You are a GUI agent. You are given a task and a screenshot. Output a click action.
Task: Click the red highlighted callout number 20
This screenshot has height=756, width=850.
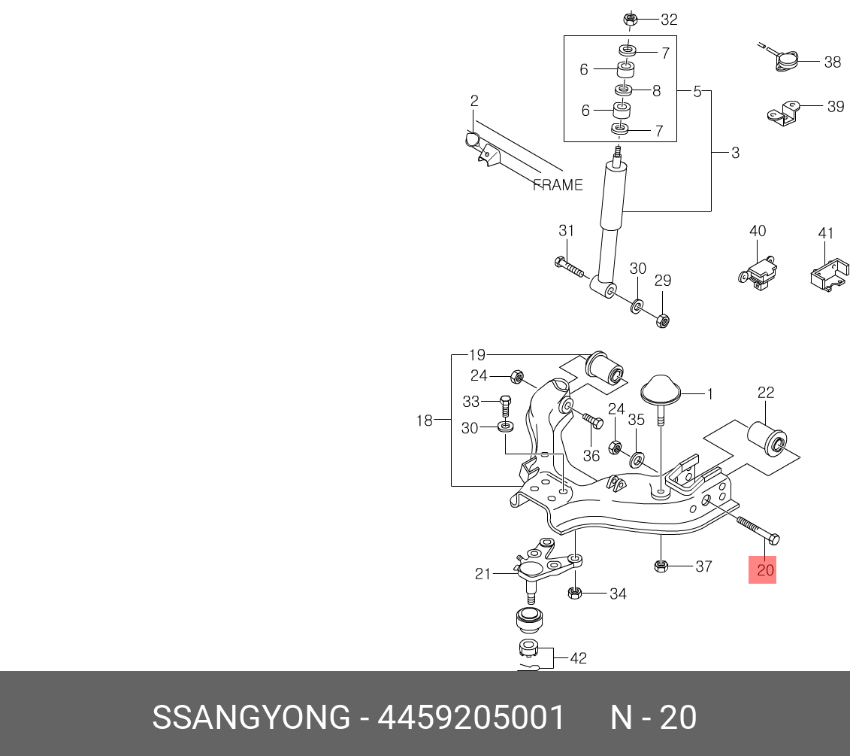[x=765, y=570]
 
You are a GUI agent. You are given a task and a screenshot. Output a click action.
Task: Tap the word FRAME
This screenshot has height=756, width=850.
[x=558, y=185]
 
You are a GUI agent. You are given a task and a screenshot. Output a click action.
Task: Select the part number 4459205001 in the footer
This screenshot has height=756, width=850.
[x=470, y=718]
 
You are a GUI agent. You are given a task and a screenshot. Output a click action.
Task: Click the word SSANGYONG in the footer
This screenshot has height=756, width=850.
[x=251, y=718]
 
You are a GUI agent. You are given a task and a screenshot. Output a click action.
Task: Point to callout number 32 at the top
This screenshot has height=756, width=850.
[x=668, y=20]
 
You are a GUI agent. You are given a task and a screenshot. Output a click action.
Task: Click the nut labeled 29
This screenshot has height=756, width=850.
[x=662, y=320]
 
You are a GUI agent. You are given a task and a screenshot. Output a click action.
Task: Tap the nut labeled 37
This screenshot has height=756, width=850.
[x=662, y=566]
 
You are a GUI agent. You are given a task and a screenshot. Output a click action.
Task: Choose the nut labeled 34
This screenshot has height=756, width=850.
[x=574, y=594]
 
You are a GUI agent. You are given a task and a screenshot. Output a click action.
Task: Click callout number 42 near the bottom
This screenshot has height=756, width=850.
[x=577, y=658]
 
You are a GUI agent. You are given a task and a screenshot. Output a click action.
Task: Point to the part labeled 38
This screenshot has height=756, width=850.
[x=787, y=61]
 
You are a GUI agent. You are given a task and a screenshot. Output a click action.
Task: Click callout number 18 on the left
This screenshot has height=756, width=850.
[x=425, y=421]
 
